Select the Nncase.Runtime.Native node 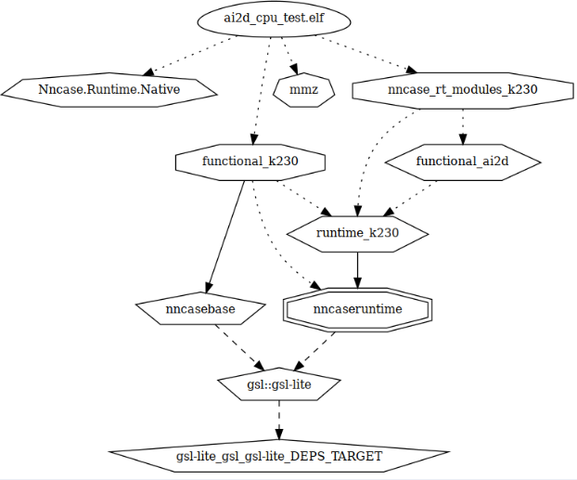pos(109,89)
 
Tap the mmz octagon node pos(305,89)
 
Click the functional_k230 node pos(250,162)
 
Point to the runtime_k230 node pos(357,233)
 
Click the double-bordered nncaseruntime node pos(357,308)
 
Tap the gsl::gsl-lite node pos(278,383)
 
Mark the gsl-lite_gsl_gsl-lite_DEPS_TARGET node pos(278,456)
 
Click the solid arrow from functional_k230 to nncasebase pos(225,236)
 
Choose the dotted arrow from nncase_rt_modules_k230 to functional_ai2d pos(462,125)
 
